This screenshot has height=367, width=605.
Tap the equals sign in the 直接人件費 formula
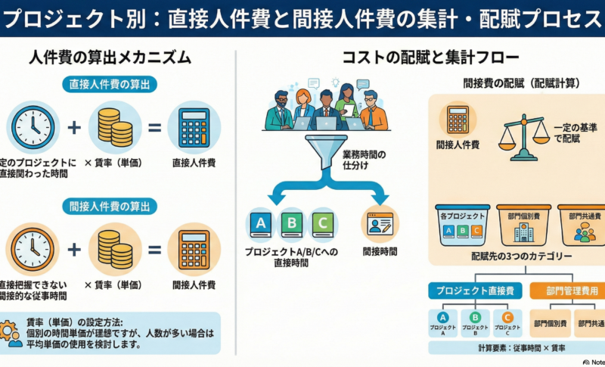(154, 127)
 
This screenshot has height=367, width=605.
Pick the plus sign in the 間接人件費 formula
(74, 250)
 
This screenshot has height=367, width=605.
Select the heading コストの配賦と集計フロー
(419, 58)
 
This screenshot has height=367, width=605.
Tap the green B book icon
(291, 223)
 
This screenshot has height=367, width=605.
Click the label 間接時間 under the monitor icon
(380, 251)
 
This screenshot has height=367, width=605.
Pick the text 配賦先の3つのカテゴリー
(521, 257)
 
